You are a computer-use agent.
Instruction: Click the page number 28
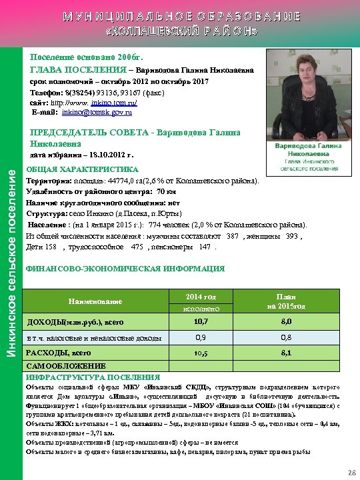(351, 472)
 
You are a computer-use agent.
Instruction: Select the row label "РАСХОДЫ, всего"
(59, 353)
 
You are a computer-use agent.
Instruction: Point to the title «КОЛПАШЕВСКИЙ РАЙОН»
(180, 32)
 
